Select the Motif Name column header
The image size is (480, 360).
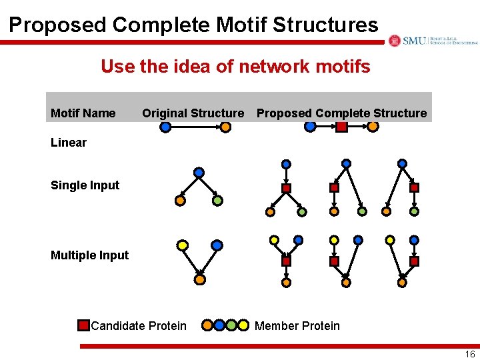coord(83,113)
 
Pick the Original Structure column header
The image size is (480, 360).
coord(193,113)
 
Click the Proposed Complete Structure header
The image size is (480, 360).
coord(341,113)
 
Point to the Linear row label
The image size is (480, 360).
coord(69,142)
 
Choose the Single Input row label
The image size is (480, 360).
coord(85,185)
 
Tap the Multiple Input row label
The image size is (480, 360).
coord(89,255)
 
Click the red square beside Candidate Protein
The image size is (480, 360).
coord(83,325)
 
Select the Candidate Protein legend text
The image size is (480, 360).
coord(139,326)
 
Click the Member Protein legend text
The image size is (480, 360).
coord(297,326)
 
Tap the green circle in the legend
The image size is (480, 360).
coord(231,325)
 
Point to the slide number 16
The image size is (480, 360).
coord(470,354)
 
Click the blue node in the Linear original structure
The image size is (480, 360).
coord(165,127)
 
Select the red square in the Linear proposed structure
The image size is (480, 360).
coord(342,126)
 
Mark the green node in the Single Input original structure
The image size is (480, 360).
coord(217,200)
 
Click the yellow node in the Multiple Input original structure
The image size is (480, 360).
coord(182,245)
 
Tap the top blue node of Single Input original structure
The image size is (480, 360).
coord(199,172)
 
